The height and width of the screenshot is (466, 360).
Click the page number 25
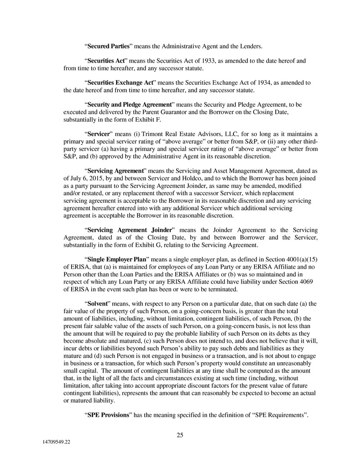pyautogui.click(x=180, y=435)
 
